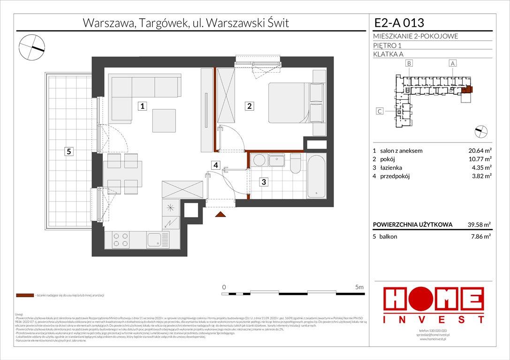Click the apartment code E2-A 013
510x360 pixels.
399,23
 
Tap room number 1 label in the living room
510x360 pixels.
141,106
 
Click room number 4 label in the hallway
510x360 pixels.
215,165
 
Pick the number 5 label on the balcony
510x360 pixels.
69,151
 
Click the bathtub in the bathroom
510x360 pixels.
317,176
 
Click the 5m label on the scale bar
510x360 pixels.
359,287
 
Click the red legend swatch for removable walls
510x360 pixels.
24,296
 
